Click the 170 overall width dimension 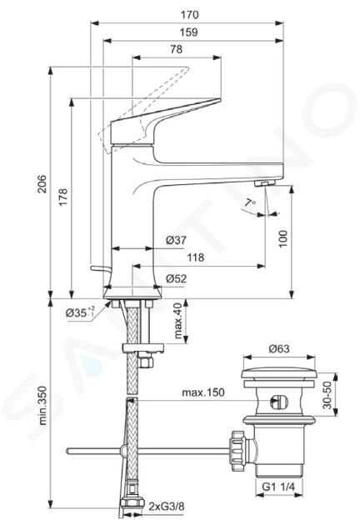click(189, 15)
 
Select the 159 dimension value click(189, 32)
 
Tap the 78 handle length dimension click(177, 49)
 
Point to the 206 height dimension click(42, 184)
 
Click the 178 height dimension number click(63, 197)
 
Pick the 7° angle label click(250, 202)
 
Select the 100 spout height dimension click(283, 238)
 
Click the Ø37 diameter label click(176, 240)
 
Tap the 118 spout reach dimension click(195, 257)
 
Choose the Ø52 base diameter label click(177, 279)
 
